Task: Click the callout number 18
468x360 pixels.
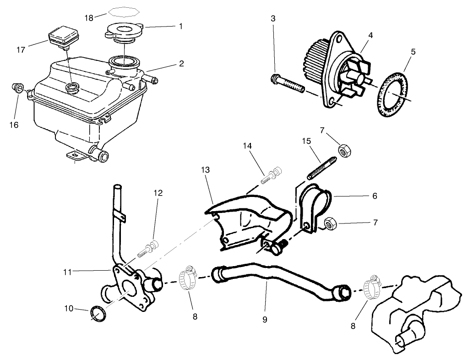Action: click(89, 17)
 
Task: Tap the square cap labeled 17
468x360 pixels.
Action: click(63, 36)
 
